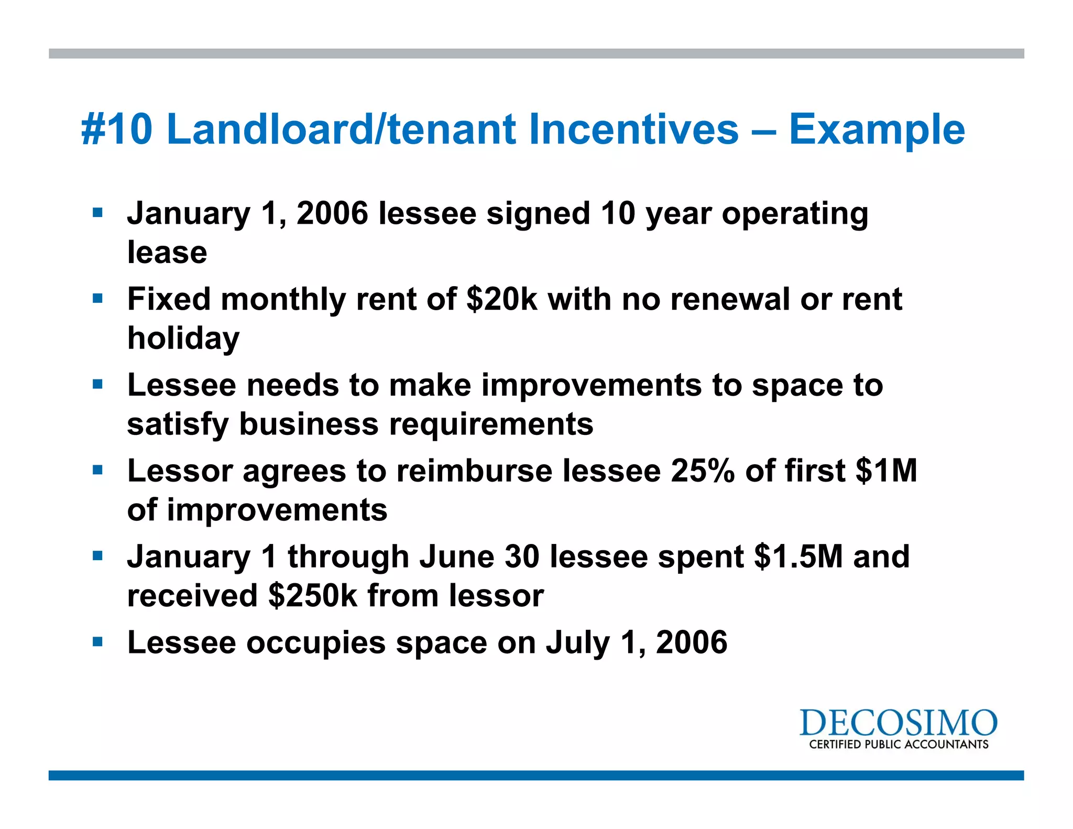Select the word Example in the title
click(877, 130)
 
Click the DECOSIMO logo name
click(898, 723)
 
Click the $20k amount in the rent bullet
click(501, 299)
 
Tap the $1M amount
click(886, 471)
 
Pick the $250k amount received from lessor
click(312, 596)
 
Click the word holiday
click(183, 339)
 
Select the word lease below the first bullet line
click(167, 253)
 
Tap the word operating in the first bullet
click(795, 214)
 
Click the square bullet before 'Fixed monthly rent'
click(97, 299)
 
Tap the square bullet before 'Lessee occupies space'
click(97, 642)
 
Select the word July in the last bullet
click(578, 643)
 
